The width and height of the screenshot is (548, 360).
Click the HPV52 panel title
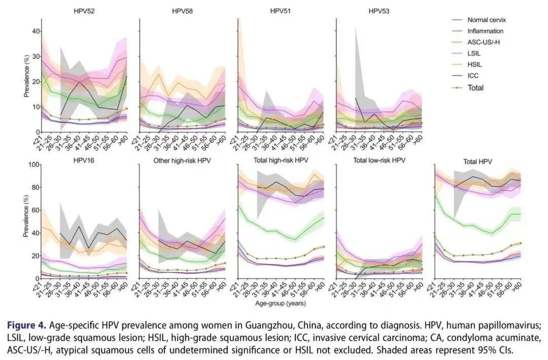pos(84,11)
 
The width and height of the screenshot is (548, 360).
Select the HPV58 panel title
pos(182,11)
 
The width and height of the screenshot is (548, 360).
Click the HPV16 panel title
pos(84,161)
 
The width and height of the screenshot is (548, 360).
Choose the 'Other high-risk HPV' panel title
pos(182,161)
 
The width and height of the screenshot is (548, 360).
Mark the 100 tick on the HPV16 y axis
pos(33,165)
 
